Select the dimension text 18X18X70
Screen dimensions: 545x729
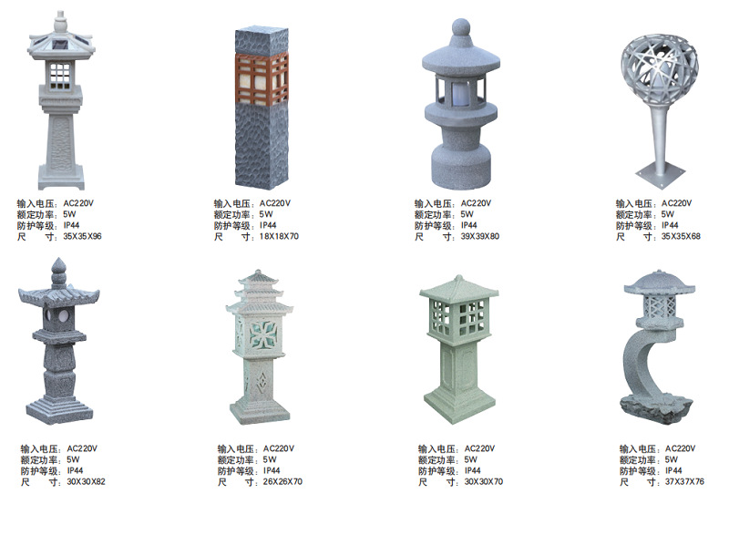tap(280, 237)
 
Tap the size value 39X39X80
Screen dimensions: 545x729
tap(480, 237)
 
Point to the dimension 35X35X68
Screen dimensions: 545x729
tap(681, 237)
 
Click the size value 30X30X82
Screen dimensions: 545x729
tap(87, 482)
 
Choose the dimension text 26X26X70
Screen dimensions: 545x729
tap(283, 482)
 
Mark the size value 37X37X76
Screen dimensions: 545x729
tap(684, 482)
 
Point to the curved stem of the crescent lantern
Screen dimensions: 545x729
tap(639, 365)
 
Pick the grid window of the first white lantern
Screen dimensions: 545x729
tap(62, 72)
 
